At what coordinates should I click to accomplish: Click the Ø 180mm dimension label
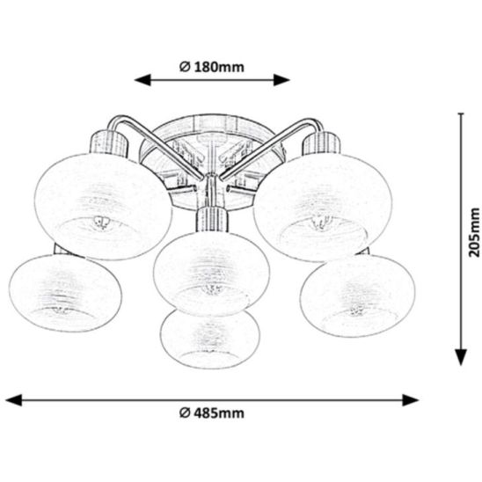pos(212,67)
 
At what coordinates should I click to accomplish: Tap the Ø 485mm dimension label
pos(212,413)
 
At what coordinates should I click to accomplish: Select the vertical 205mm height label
pos(473,232)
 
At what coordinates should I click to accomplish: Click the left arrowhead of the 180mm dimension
pos(142,80)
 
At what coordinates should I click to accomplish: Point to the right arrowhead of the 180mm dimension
pos(281,80)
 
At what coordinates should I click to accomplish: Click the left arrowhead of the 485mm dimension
pos(14,400)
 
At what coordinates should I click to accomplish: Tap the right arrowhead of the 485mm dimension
pos(411,400)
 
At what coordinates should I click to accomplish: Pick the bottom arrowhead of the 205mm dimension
pos(461,357)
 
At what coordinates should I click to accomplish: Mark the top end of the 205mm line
pos(461,113)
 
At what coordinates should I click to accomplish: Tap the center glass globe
pos(211,274)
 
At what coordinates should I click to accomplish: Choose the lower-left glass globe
pos(65,293)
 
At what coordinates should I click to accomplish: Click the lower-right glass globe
pos(357,296)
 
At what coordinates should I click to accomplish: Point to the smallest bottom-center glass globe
pos(210,338)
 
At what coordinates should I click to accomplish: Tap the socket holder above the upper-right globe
pos(322,143)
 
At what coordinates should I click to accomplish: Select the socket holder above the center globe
pos(212,220)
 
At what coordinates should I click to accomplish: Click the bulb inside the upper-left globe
pos(101,223)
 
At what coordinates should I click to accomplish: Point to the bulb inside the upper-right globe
pos(322,223)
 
